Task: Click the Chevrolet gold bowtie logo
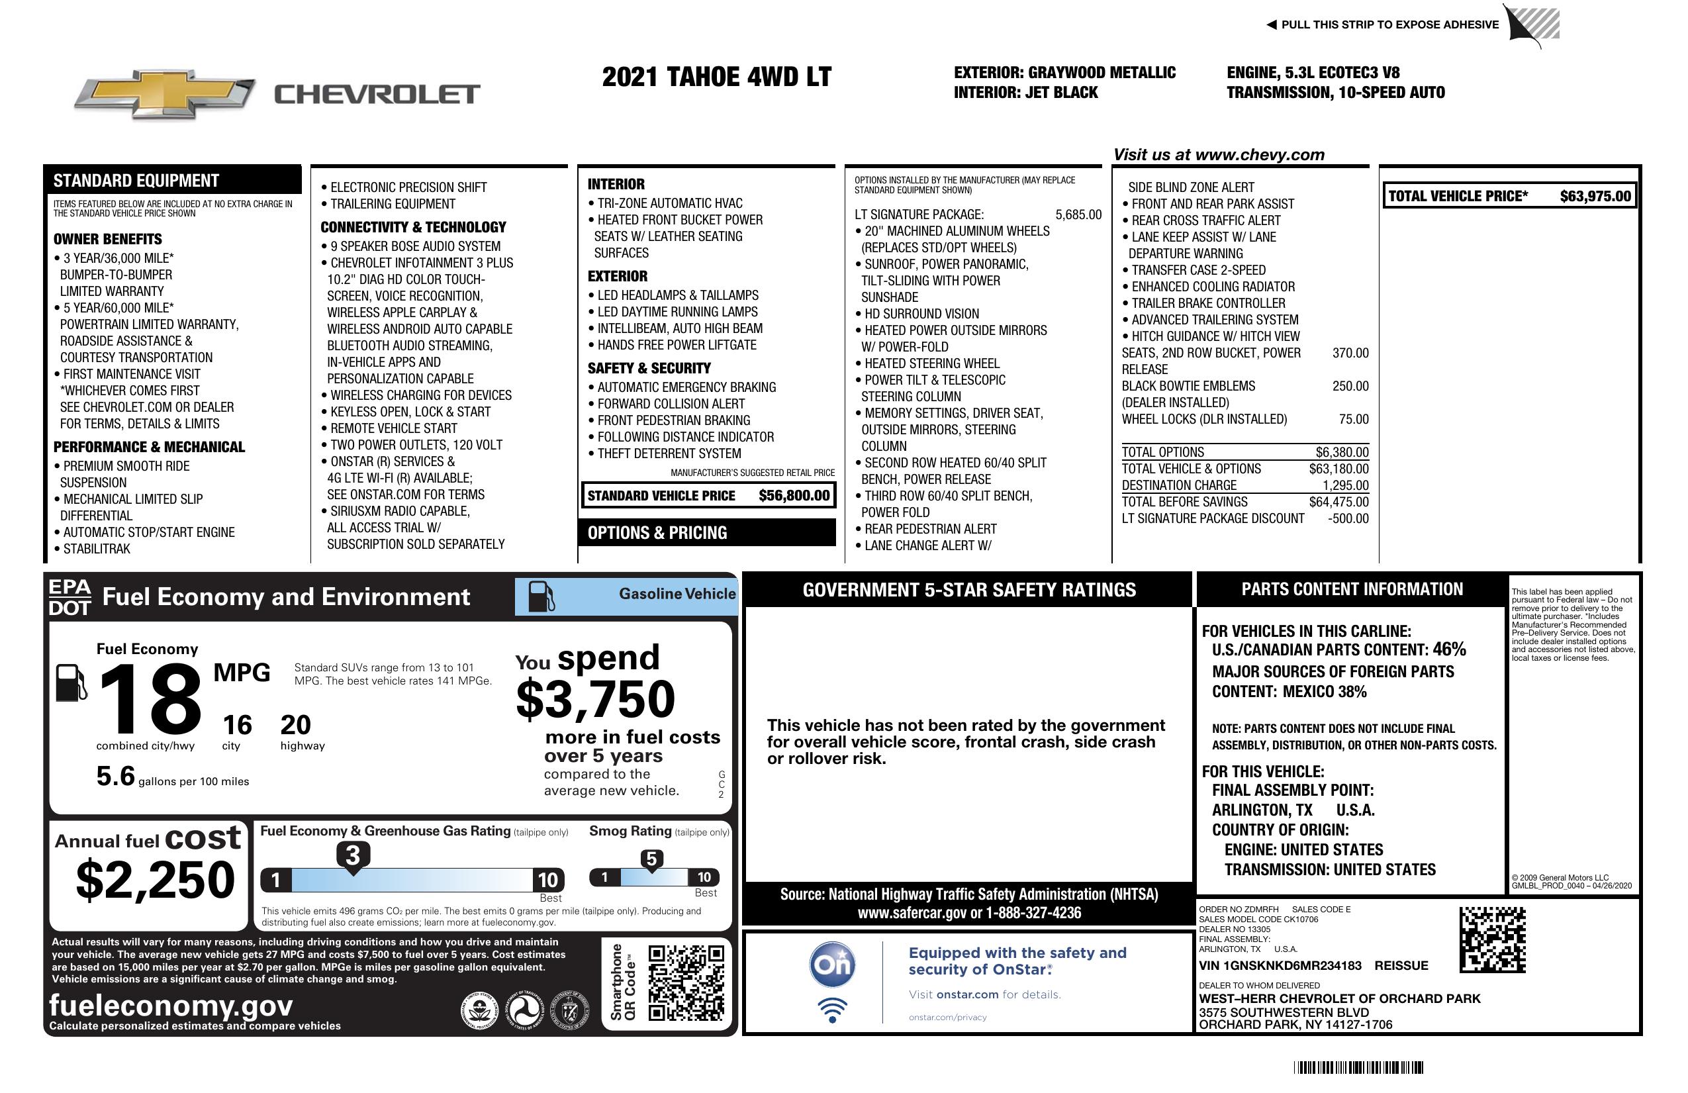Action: tap(165, 93)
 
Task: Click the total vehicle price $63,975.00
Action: tap(1595, 197)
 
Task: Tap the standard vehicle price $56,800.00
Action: tap(794, 496)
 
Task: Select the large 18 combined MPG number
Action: tap(150, 698)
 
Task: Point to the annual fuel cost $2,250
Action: tap(155, 880)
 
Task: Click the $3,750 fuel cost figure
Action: tap(596, 699)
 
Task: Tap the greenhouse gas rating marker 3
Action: tap(352, 855)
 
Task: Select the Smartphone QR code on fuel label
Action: tap(686, 982)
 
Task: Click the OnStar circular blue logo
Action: tap(832, 965)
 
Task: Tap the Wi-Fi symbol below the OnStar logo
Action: tap(832, 1010)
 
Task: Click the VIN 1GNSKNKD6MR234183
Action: tap(1280, 966)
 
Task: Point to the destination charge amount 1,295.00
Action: tap(1344, 486)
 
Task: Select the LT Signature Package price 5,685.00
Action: tap(1078, 215)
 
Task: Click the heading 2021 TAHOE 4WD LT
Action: tap(716, 77)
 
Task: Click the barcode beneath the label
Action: tap(1358, 1067)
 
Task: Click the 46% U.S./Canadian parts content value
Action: tap(1448, 649)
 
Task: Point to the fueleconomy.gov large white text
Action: tap(171, 1006)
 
